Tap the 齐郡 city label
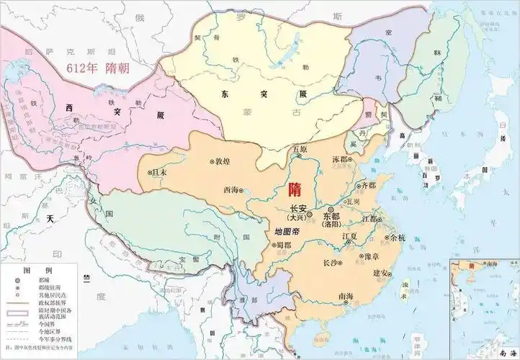pos(367,185)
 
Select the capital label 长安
pos(299,207)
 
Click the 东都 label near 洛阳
pos(331,215)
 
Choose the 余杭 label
pos(398,238)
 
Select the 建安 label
pos(382,273)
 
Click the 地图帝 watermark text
pos(289,233)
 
